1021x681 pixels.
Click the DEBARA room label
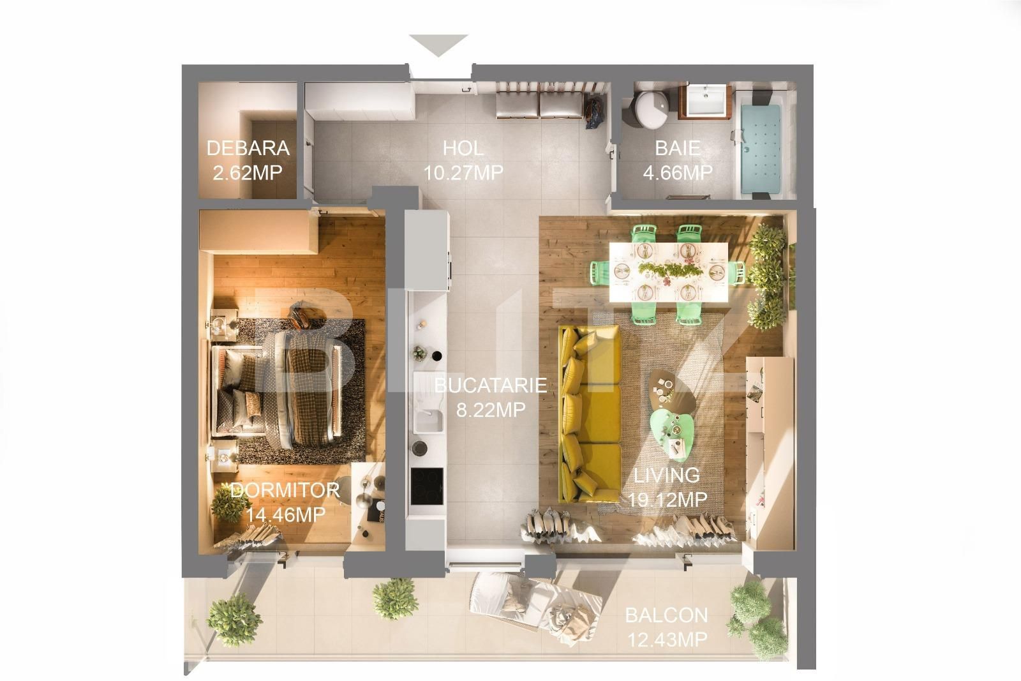coord(248,149)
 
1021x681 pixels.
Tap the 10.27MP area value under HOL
coord(463,172)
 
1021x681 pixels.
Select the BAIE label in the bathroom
coord(677,149)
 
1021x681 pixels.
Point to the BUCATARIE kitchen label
coord(491,385)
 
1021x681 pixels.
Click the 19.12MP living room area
coord(667,499)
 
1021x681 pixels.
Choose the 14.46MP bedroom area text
coord(286,514)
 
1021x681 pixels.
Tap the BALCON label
coord(666,615)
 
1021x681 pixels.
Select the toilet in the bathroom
coord(648,109)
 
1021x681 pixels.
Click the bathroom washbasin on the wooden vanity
coord(708,101)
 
